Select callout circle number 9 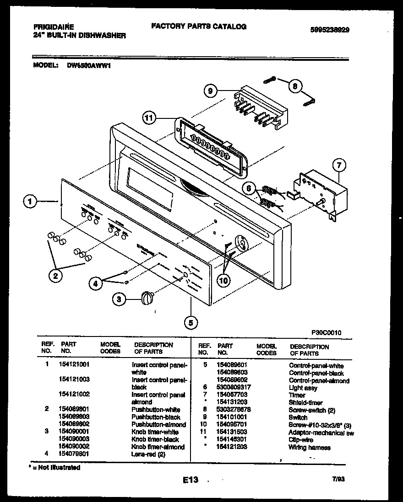(x=210, y=91)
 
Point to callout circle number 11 (x=148, y=118)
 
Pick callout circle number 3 (x=120, y=299)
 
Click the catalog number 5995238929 (x=329, y=30)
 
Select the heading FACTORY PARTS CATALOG (x=199, y=27)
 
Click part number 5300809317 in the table (x=234, y=387)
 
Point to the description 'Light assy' (x=303, y=388)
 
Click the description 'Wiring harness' (x=309, y=448)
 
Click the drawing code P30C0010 (x=326, y=333)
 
